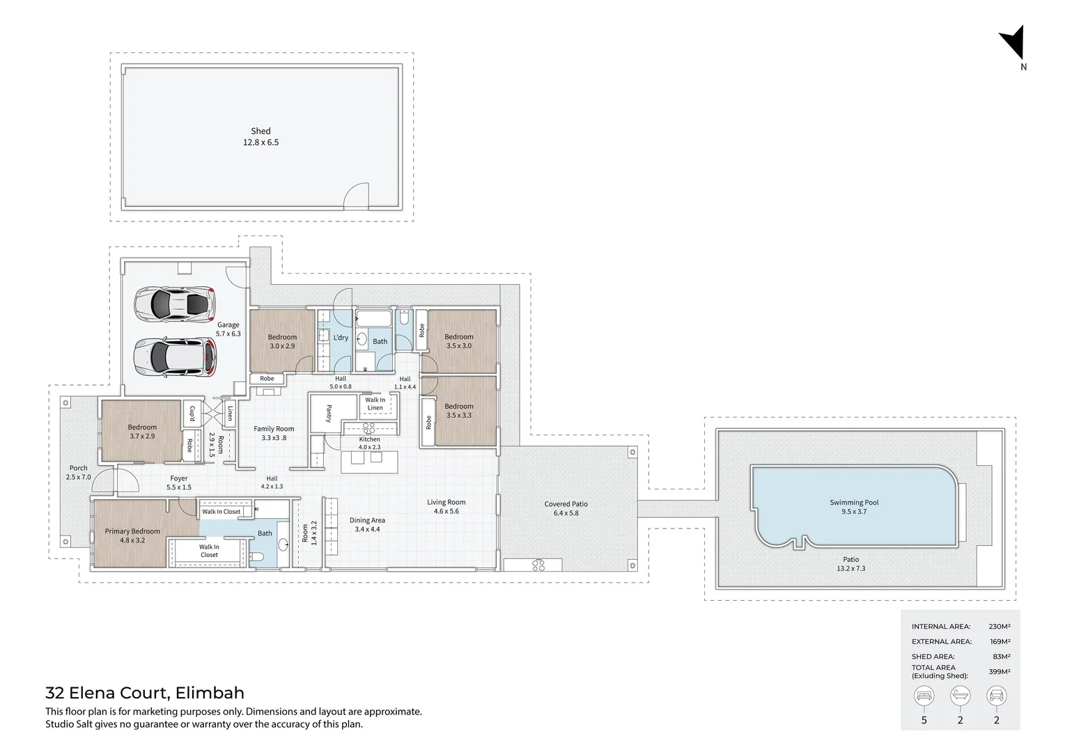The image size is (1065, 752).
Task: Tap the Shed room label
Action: pyautogui.click(x=261, y=131)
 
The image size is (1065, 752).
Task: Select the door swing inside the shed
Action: pyautogui.click(x=355, y=196)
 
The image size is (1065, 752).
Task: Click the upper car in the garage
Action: pyautogui.click(x=175, y=304)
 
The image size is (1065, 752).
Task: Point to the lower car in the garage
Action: pyautogui.click(x=175, y=357)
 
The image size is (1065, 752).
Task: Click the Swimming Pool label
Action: pyautogui.click(x=854, y=502)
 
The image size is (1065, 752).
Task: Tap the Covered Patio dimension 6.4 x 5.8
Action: pyautogui.click(x=566, y=513)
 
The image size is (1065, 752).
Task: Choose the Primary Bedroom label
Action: pyautogui.click(x=132, y=531)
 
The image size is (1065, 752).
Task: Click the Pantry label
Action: pyautogui.click(x=329, y=414)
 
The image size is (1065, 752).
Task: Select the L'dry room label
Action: pyautogui.click(x=341, y=338)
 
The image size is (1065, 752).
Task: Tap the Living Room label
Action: pyautogui.click(x=446, y=502)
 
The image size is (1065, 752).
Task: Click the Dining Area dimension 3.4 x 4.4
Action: pyautogui.click(x=367, y=529)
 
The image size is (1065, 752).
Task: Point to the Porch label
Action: pyautogui.click(x=79, y=468)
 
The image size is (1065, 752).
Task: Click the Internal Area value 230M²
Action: pyautogui.click(x=1000, y=627)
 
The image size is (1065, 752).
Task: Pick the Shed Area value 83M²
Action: pyautogui.click(x=1002, y=657)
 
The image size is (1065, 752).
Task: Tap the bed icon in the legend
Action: pyautogui.click(x=924, y=696)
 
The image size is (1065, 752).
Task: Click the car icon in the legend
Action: pyautogui.click(x=997, y=696)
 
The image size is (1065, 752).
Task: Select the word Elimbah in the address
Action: pyautogui.click(x=210, y=693)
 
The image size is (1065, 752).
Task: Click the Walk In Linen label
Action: pyautogui.click(x=375, y=404)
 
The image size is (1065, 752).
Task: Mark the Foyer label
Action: pyautogui.click(x=179, y=478)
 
